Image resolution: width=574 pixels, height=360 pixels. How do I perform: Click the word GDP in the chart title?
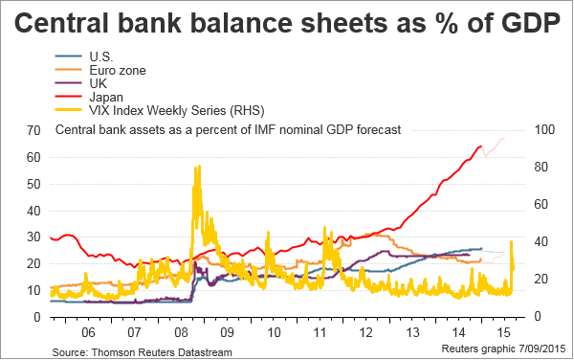coord(530,23)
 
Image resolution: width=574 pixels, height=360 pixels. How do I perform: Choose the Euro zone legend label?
coord(118,70)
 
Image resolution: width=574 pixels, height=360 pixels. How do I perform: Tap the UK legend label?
coord(99,83)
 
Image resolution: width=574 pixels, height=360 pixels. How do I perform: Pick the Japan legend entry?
coord(106,97)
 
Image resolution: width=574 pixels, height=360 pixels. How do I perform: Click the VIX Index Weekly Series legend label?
coord(176,110)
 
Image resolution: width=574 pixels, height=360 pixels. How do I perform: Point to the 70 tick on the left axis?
coord(33,130)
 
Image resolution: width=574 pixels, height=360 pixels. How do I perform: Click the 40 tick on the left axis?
coord(33,211)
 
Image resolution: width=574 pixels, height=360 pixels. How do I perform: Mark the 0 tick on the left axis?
coord(37,317)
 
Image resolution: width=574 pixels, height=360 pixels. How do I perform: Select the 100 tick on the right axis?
coord(544,129)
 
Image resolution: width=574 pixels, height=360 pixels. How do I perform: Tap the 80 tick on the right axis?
coord(541,167)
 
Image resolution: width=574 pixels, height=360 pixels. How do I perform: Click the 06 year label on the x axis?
coord(88,332)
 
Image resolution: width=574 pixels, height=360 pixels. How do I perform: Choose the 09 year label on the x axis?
coord(227,332)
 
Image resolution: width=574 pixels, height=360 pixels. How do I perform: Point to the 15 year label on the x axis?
coord(504,332)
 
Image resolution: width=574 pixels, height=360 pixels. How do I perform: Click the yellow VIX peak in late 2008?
coord(199,166)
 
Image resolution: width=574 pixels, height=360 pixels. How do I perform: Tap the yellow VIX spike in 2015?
coord(512,241)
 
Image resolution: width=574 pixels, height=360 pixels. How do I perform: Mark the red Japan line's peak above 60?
coord(480,146)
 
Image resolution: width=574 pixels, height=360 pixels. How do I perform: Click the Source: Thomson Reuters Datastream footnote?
coord(142,352)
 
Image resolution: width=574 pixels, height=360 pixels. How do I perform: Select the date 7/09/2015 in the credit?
coord(542,349)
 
